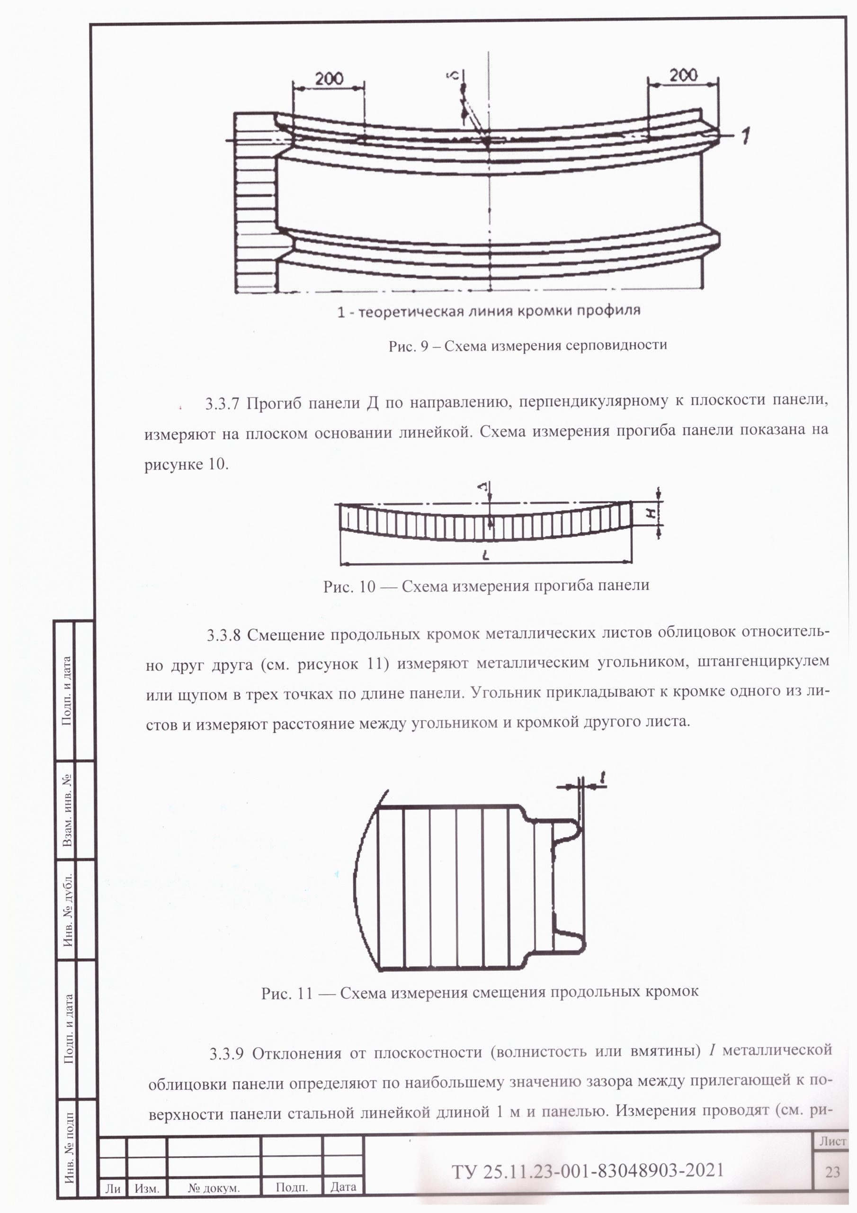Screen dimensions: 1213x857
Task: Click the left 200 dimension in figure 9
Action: point(330,78)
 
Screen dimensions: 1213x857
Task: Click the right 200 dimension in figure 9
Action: point(683,74)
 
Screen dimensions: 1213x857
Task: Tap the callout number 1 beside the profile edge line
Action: point(744,136)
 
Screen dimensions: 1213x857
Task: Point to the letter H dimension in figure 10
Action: point(652,512)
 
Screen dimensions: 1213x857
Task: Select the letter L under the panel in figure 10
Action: point(486,555)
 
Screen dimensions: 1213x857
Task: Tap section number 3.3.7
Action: point(223,404)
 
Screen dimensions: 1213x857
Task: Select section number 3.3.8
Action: point(224,634)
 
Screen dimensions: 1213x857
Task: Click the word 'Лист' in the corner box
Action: point(833,1141)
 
